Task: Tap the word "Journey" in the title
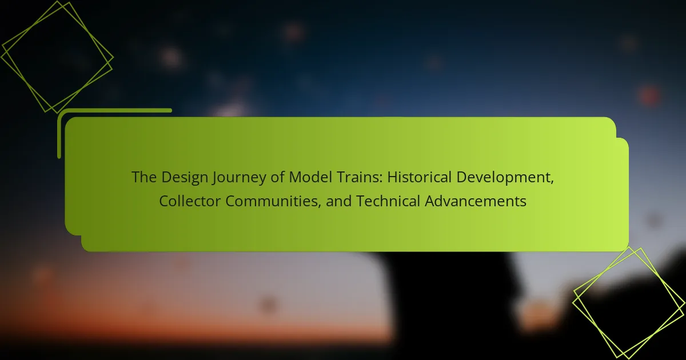coord(239,178)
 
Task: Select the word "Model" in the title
coord(310,177)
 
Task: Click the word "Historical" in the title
coord(419,177)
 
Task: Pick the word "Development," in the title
coord(505,178)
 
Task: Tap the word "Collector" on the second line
coord(190,201)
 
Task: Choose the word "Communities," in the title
coord(273,201)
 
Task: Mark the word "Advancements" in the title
coord(475,201)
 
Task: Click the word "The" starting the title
coord(144,177)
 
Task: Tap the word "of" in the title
coord(277,177)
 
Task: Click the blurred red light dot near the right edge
coord(649,95)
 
